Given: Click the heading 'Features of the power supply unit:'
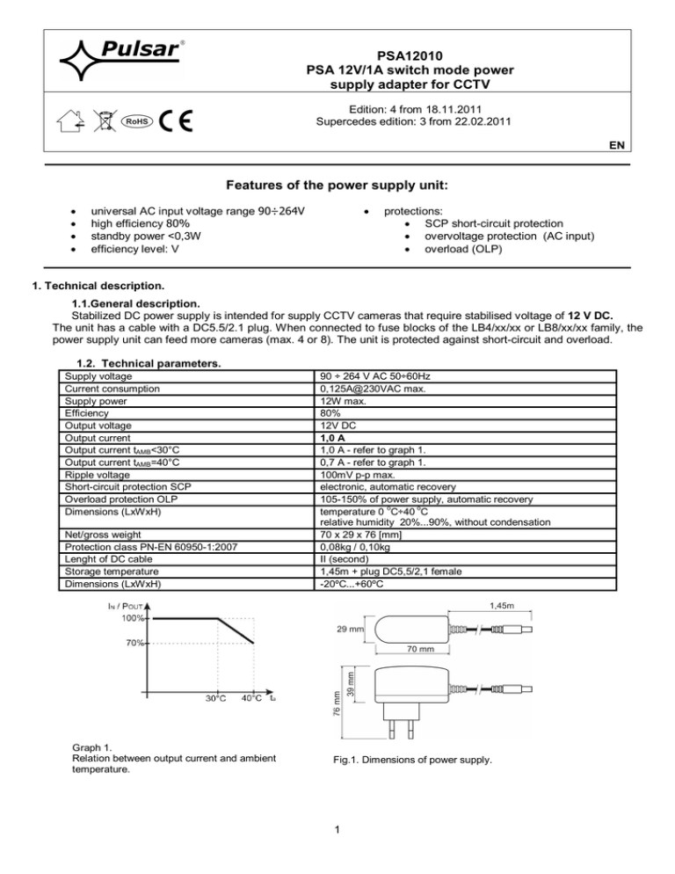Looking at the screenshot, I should pyautogui.click(x=337, y=186).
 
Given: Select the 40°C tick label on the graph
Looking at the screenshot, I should pyautogui.click(x=252, y=699).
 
